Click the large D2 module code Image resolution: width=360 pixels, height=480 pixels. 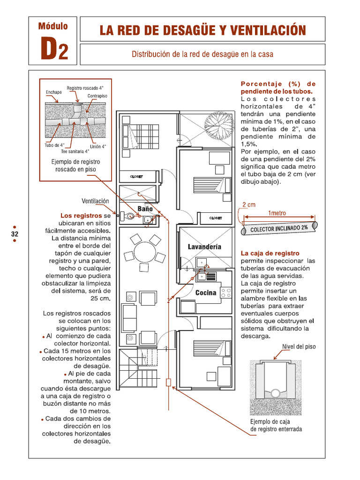54,48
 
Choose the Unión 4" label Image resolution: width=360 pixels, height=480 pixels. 98,146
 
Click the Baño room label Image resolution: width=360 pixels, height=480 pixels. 145,209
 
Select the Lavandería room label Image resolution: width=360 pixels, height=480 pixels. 204,247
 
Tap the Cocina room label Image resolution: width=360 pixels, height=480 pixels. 206,293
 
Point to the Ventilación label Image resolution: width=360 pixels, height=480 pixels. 95,201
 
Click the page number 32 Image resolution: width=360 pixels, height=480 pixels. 15,233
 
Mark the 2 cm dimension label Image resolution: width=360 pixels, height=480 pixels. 249,205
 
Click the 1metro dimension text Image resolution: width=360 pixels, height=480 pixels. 277,213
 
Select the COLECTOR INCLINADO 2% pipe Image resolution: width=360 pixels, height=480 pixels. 279,228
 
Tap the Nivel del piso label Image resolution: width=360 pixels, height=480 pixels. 299,347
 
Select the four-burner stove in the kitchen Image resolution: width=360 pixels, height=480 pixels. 226,293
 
